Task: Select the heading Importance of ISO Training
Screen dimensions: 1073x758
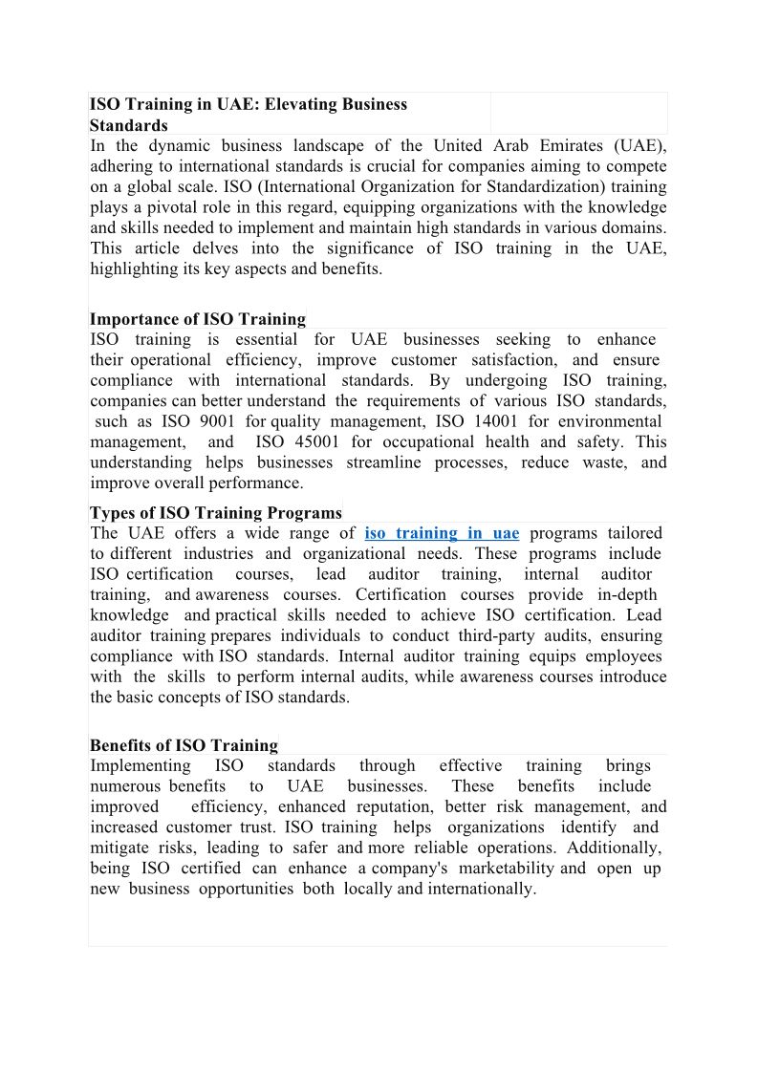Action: pos(198,319)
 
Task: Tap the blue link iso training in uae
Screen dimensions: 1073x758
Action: pos(442,533)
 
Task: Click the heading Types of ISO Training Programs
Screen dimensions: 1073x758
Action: pos(215,513)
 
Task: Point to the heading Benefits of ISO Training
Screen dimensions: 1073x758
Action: pos(184,745)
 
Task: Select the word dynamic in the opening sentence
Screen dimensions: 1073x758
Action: pos(175,146)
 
